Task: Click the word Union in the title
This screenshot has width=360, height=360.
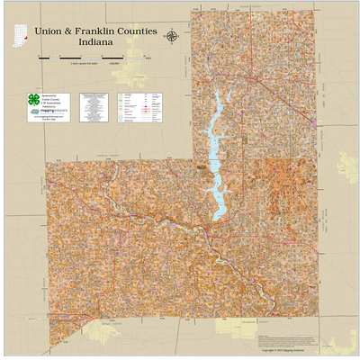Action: (49, 31)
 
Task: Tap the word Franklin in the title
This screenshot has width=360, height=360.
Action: (95, 31)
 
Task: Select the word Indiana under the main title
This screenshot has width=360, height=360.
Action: (96, 42)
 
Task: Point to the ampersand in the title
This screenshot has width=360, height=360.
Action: (68, 31)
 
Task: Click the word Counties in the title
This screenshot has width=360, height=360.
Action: (137, 31)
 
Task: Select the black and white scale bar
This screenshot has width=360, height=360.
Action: (90, 58)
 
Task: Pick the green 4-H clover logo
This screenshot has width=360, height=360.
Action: (33, 99)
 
